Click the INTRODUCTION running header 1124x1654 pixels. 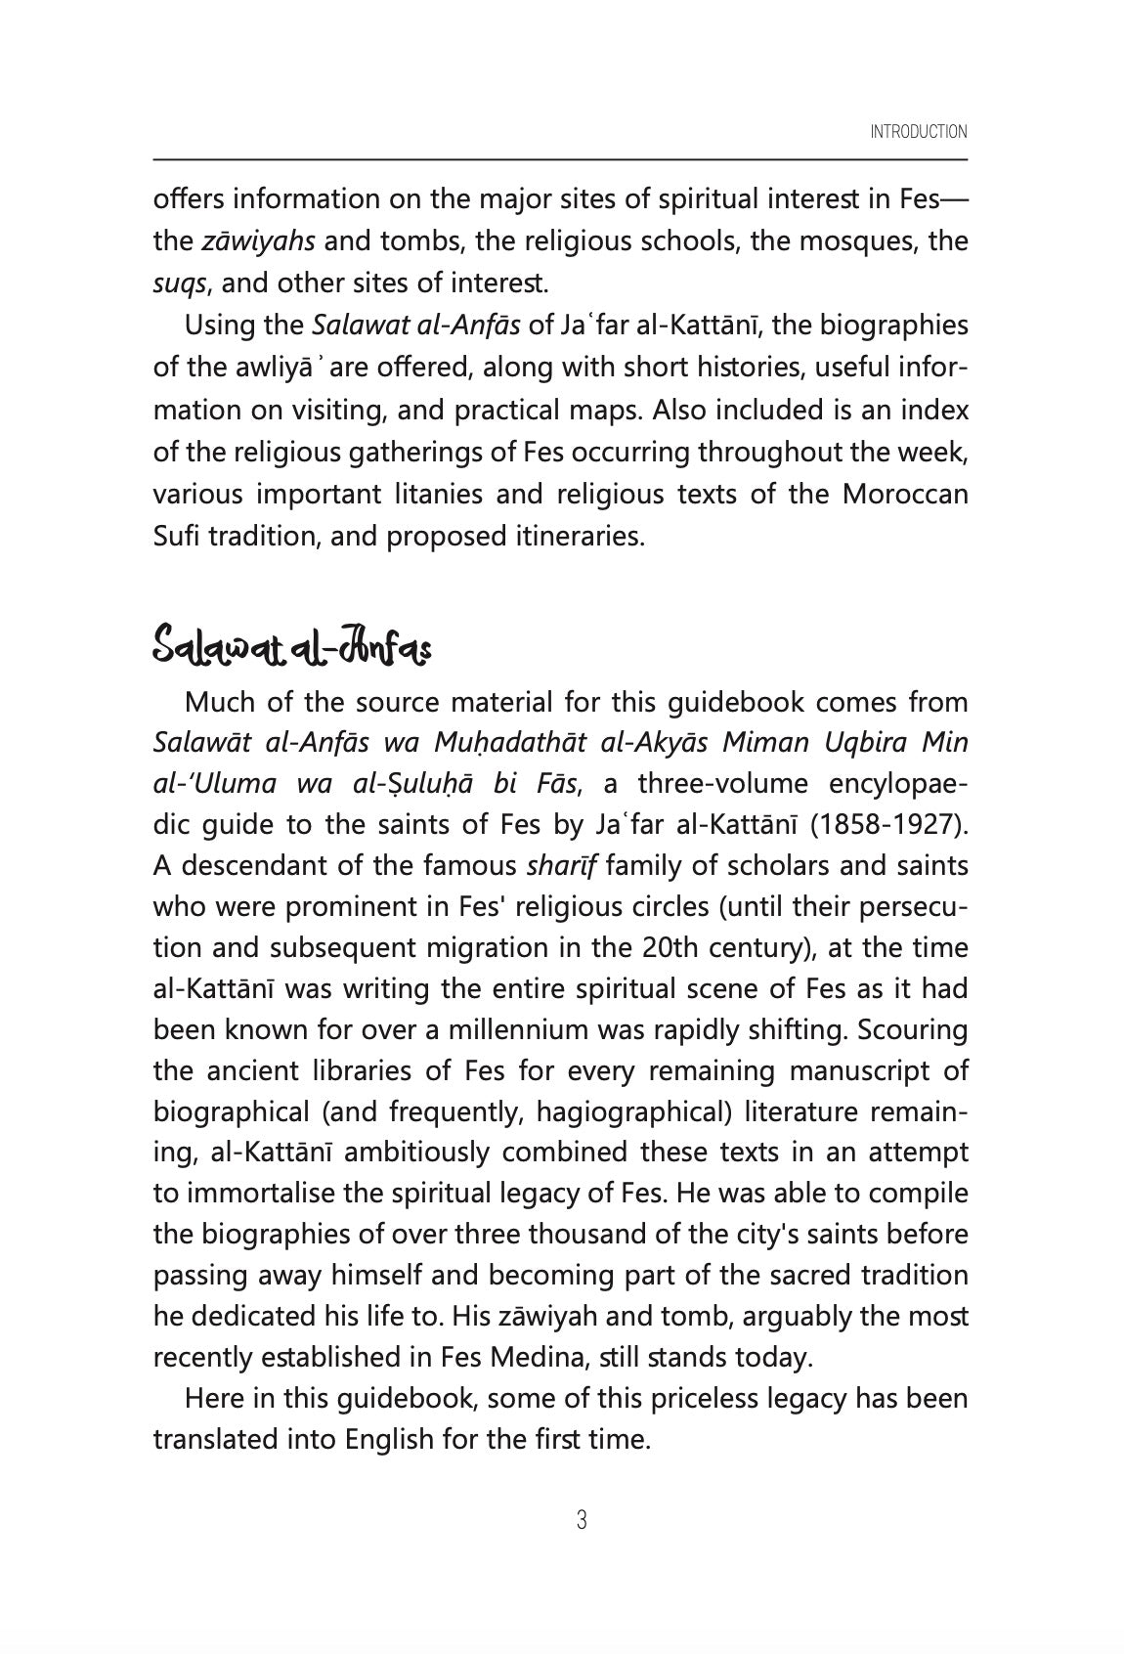click(918, 132)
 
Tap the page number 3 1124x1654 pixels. click(582, 1520)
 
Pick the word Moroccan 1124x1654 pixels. click(905, 494)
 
